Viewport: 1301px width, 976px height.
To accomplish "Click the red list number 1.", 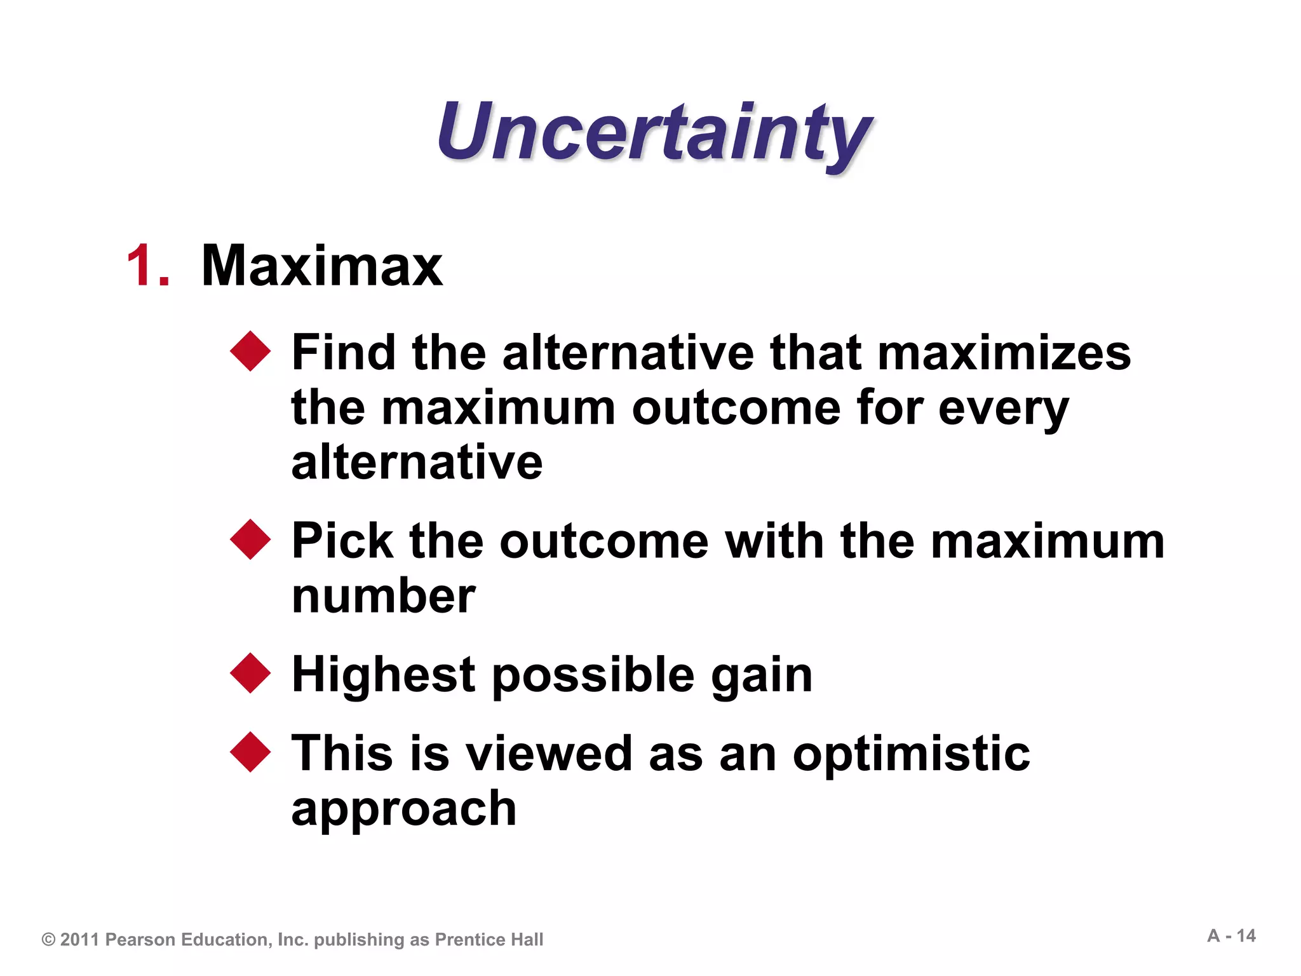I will pos(148,266).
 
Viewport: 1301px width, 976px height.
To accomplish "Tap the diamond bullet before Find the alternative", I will pos(250,351).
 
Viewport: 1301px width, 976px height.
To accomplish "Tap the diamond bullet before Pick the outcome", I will pos(250,539).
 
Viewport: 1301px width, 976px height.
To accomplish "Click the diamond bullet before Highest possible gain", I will pos(250,673).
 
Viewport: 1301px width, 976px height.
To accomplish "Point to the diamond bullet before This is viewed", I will pos(250,752).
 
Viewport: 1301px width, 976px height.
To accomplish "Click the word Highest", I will pos(383,674).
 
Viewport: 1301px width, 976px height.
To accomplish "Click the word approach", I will pos(404,810).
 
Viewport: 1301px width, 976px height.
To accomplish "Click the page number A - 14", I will pos(1231,935).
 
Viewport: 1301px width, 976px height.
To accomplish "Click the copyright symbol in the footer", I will pos(48,939).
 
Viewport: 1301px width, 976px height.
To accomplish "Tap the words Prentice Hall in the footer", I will pos(489,939).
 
